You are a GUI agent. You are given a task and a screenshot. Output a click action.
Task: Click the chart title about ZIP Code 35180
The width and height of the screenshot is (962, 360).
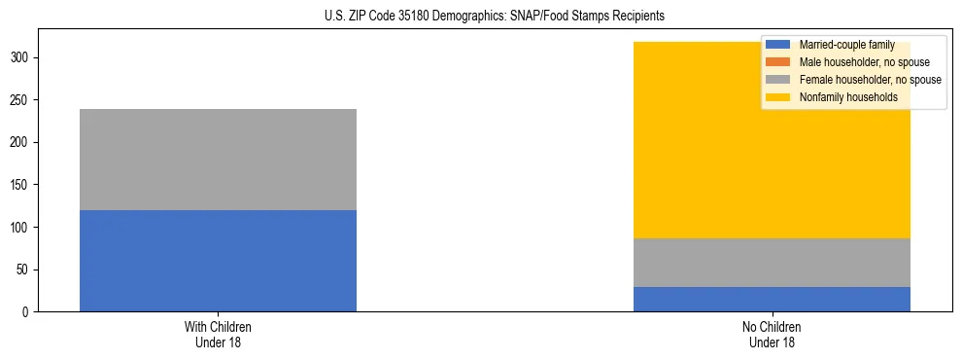(x=495, y=16)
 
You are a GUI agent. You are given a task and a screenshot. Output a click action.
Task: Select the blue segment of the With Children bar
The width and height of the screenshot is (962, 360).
(x=218, y=261)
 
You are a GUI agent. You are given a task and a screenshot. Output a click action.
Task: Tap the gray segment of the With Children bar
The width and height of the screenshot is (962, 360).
(x=218, y=160)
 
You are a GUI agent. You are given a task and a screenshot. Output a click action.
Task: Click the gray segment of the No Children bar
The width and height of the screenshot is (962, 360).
(x=772, y=263)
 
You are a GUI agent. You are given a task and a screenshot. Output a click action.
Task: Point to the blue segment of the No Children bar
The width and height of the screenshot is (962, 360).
(x=772, y=300)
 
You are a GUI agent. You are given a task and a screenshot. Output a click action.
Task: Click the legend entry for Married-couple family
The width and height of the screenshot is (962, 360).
(x=846, y=45)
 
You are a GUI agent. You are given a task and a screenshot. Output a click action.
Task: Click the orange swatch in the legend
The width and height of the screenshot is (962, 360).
(x=778, y=62)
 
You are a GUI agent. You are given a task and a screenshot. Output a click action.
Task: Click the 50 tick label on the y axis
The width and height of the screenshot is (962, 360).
(x=25, y=270)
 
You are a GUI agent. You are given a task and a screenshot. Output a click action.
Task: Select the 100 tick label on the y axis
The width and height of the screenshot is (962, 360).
(x=22, y=228)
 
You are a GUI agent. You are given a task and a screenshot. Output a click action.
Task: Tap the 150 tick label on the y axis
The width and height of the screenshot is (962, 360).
(x=22, y=185)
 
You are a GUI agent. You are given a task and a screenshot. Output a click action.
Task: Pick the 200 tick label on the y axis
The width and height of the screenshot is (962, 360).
(x=22, y=143)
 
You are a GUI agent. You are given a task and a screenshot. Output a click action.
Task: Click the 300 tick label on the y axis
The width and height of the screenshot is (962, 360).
(x=22, y=58)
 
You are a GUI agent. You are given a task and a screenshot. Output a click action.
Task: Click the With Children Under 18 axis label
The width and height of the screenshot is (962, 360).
(x=218, y=335)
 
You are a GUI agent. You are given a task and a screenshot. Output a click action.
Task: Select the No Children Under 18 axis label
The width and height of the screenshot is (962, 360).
(x=772, y=335)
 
